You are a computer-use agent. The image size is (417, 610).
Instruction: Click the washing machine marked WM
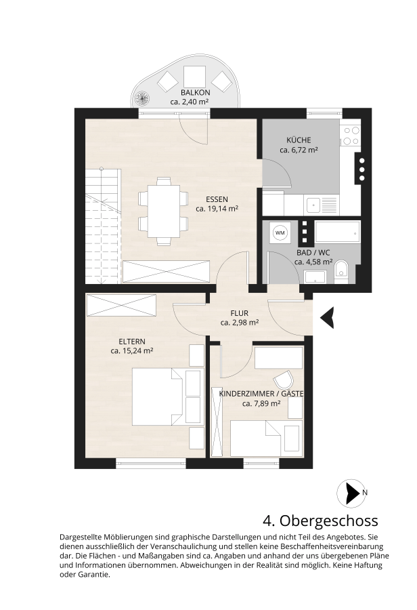[x=280, y=233]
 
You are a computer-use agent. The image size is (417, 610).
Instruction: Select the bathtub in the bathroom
[x=337, y=232]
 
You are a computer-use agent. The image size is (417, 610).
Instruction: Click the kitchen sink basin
[x=313, y=205]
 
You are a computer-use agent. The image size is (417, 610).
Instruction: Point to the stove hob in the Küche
[x=350, y=136]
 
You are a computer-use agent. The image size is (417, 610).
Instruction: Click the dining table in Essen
[x=164, y=212]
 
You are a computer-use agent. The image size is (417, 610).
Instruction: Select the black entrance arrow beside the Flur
[x=327, y=317]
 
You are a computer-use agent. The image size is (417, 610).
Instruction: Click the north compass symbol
[x=352, y=493]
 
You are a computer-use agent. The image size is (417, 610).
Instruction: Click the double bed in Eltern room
[x=158, y=396]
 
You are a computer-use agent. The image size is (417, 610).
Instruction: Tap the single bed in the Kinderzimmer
[x=255, y=439]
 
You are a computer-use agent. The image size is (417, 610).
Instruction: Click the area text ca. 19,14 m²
[x=217, y=209]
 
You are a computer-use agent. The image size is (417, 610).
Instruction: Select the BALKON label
[x=196, y=93]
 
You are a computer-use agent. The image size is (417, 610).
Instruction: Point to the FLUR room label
[x=240, y=313]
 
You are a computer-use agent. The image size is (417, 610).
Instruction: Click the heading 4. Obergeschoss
[x=320, y=520]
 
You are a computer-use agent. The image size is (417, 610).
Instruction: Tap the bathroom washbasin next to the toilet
[x=315, y=277]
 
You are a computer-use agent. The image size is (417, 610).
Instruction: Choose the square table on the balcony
[x=194, y=77]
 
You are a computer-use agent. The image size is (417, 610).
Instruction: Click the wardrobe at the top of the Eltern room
[x=121, y=306]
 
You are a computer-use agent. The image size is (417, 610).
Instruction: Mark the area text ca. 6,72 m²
[x=299, y=150]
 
